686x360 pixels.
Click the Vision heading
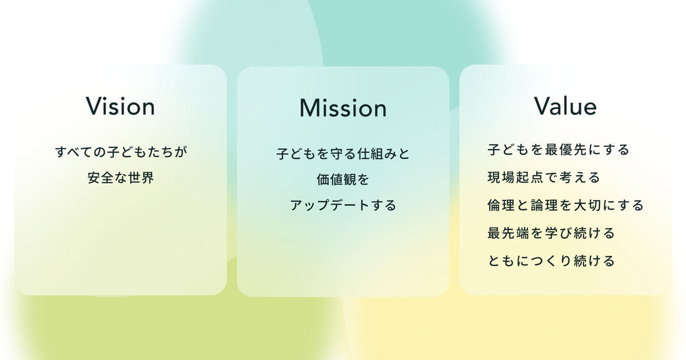(121, 106)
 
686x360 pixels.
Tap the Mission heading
(343, 108)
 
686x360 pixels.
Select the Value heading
(565, 106)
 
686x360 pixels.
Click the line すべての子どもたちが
(121, 152)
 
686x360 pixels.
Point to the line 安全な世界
(121, 178)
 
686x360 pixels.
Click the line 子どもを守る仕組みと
(343, 154)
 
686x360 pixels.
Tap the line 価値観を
(343, 179)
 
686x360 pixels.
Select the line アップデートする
(343, 205)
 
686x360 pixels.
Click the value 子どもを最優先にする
(559, 150)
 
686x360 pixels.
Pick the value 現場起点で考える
(544, 178)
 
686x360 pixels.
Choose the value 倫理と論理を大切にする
(565, 205)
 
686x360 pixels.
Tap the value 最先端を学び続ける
(551, 233)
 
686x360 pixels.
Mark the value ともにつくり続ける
(551, 261)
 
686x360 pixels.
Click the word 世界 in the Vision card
(141, 178)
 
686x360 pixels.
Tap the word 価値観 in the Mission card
(336, 179)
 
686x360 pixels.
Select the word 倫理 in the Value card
(501, 205)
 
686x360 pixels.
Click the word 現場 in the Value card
(501, 178)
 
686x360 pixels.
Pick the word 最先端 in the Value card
(508, 233)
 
